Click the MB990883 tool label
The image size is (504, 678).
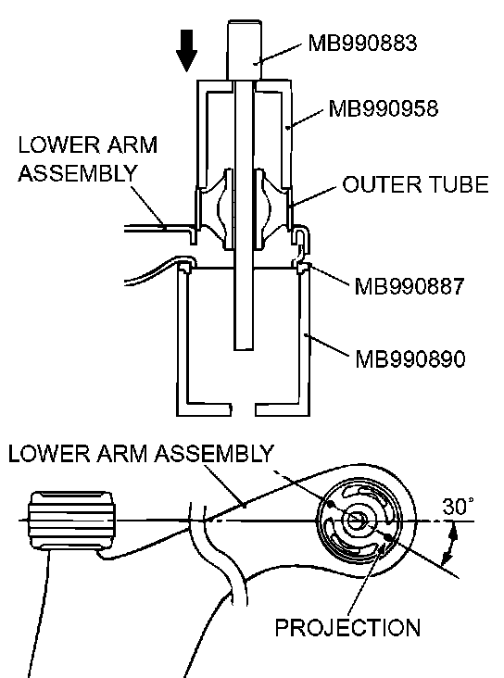point(362,43)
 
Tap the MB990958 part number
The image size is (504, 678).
point(384,108)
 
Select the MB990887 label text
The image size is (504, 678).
point(409,286)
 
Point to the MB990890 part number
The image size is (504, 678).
point(410,358)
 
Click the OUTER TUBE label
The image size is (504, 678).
point(415,184)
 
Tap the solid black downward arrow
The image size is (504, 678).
point(187,51)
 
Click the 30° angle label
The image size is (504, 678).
point(458,507)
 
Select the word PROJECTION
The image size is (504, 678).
point(347,627)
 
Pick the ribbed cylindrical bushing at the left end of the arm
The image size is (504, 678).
point(72,521)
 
